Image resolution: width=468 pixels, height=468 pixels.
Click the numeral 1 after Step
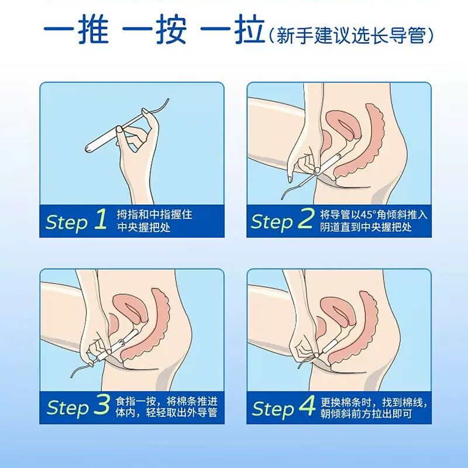tap(100, 220)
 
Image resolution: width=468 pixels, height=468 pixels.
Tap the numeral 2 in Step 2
tap(305, 220)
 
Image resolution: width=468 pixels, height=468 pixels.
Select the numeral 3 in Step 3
tap(101, 405)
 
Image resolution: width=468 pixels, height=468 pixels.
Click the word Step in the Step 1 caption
tap(66, 222)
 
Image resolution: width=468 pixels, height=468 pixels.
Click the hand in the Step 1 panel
tap(138, 152)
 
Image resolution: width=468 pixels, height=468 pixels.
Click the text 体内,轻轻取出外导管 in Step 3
tap(167, 413)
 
